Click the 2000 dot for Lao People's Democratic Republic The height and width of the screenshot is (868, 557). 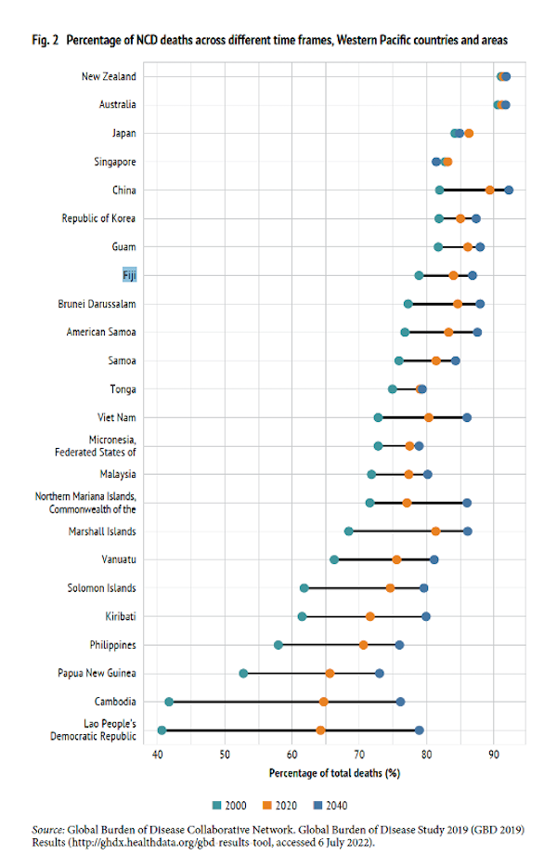[x=162, y=730]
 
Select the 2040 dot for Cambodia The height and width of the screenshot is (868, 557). [x=400, y=702]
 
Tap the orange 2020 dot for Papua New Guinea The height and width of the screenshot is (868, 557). [x=330, y=673]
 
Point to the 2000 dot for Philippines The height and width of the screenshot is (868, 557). [x=278, y=645]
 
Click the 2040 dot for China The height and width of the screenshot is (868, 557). [x=509, y=190]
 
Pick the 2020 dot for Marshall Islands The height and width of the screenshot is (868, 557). [x=435, y=531]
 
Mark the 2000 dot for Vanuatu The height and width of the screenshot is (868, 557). [x=334, y=559]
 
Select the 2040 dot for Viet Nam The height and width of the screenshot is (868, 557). [x=467, y=417]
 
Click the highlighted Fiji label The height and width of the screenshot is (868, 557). [x=129, y=275]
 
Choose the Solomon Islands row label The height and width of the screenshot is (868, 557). [x=101, y=588]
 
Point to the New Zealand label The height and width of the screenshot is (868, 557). [x=108, y=76]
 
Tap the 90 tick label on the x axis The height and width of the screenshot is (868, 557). [x=494, y=754]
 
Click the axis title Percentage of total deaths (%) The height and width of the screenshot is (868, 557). [x=334, y=773]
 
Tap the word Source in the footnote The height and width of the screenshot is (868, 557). [x=48, y=829]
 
